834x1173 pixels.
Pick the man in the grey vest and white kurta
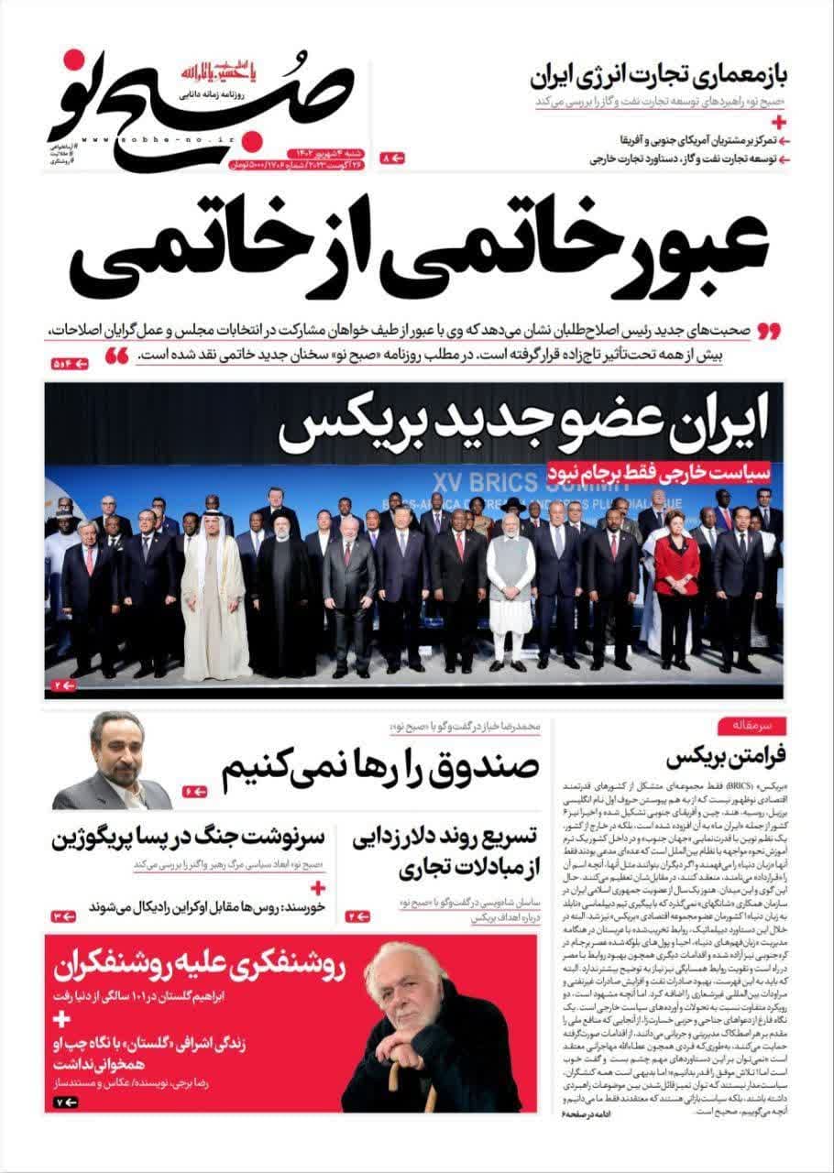(x=510, y=577)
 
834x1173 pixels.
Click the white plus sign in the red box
(x=62, y=1020)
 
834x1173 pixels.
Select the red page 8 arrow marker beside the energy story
(x=392, y=159)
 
